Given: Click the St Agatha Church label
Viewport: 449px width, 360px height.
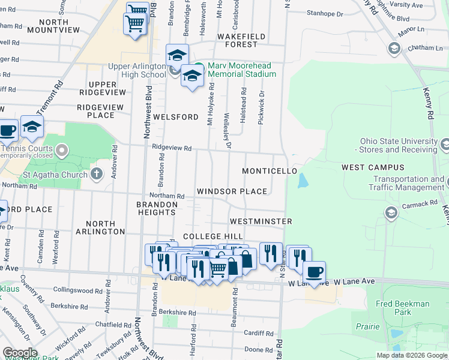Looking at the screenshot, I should (x=55, y=175).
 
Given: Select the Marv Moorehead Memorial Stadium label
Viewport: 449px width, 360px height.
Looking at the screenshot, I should (x=242, y=70).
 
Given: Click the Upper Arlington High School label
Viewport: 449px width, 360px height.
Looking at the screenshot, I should (x=136, y=70).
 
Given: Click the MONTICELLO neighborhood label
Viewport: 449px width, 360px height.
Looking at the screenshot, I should (x=270, y=171).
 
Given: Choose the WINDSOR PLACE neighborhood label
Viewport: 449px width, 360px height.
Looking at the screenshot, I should (x=232, y=191).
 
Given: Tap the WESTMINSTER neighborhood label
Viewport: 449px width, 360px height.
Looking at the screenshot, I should (x=261, y=221).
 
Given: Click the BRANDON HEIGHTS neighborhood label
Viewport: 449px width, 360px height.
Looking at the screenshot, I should (x=157, y=209).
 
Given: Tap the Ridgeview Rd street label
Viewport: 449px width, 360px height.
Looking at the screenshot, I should (x=172, y=148).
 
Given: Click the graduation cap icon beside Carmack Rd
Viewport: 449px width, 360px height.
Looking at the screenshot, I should (x=391, y=213).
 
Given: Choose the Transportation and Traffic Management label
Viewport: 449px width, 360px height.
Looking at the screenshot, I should (x=408, y=183).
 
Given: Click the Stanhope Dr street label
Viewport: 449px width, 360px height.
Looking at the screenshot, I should (x=325, y=13).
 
